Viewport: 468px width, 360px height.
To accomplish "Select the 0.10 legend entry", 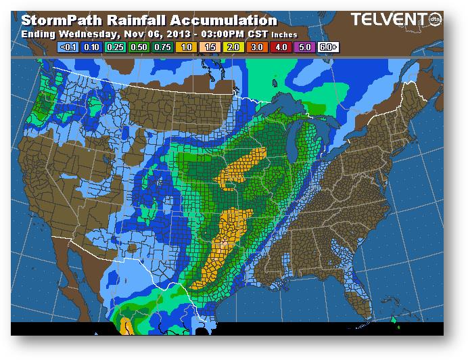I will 91,47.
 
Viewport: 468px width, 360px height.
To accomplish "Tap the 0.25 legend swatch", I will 114,47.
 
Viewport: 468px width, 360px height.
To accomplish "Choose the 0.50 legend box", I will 138,47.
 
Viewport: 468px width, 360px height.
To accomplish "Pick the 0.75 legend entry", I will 162,47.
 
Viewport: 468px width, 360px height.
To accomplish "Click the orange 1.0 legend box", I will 185,47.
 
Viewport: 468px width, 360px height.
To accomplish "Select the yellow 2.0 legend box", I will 233,47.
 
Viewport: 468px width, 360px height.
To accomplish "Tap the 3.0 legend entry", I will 256,47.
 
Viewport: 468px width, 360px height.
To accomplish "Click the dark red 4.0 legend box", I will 280,47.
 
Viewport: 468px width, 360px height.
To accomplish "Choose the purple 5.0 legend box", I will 304,47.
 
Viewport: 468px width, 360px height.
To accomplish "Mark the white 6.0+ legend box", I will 328,47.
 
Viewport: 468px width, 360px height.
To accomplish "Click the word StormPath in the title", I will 60,21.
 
